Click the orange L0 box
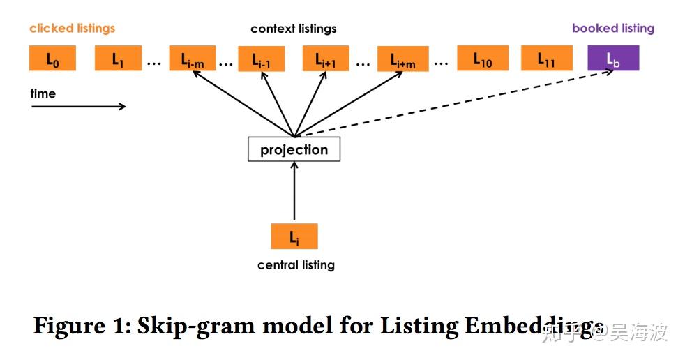pyautogui.click(x=52, y=59)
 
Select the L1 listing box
pyautogui.click(x=119, y=59)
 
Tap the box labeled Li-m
pyautogui.click(x=193, y=59)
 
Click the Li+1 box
pyautogui.click(x=325, y=59)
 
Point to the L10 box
pyautogui.click(x=481, y=59)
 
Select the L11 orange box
pyautogui.click(x=546, y=59)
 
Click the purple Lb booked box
pyautogui.click(x=613, y=59)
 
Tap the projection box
pyautogui.click(x=294, y=150)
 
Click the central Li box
pyautogui.click(x=294, y=237)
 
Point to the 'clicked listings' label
pyautogui.click(x=72, y=29)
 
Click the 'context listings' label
pyautogui.click(x=293, y=29)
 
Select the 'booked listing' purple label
pyautogui.click(x=612, y=29)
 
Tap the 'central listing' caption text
pyautogui.click(x=296, y=265)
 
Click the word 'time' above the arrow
pyautogui.click(x=43, y=93)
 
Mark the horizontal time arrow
pyautogui.click(x=78, y=107)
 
